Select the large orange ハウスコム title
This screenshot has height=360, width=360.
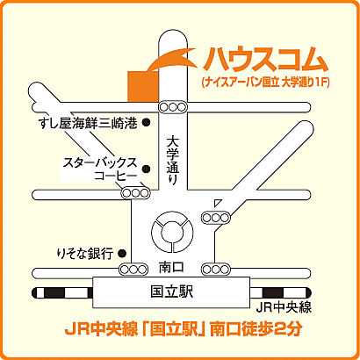266,60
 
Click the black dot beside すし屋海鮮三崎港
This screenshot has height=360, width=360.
147,124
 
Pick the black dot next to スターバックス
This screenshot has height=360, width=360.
147,169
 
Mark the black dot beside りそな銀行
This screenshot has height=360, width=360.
123,253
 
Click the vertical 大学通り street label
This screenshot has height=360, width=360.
172,158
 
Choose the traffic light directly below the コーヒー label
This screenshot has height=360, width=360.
134,193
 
